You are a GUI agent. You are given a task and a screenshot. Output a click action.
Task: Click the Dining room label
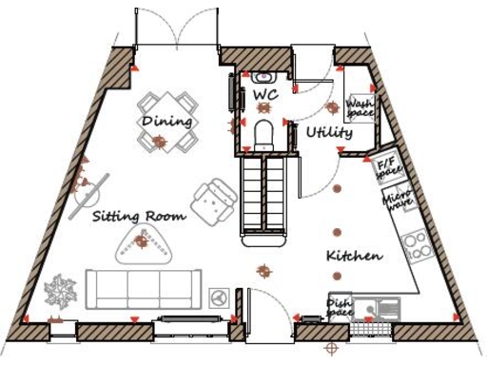(166, 122)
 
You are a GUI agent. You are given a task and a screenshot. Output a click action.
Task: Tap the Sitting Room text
(139, 216)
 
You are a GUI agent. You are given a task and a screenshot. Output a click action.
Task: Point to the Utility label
(329, 133)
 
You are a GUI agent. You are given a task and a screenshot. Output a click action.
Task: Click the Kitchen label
(354, 257)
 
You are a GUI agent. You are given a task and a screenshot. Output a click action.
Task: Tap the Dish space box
(340, 306)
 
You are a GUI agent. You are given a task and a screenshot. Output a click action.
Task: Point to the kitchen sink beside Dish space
(385, 306)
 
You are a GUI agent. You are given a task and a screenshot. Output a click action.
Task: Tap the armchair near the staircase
(212, 200)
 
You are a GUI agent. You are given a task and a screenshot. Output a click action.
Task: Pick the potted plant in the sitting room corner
(64, 290)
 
